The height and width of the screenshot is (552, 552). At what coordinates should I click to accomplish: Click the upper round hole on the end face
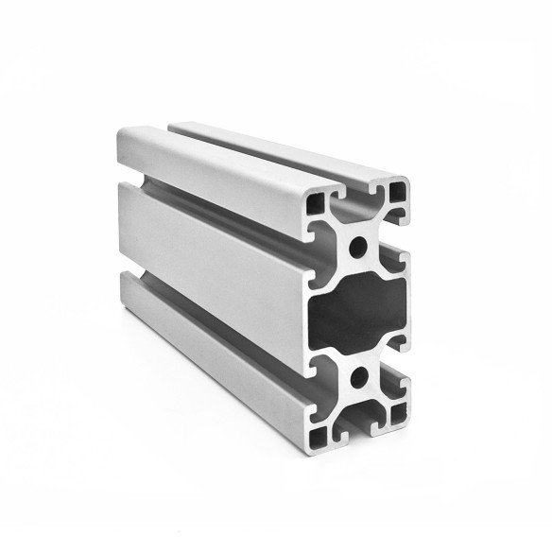point(359,248)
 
